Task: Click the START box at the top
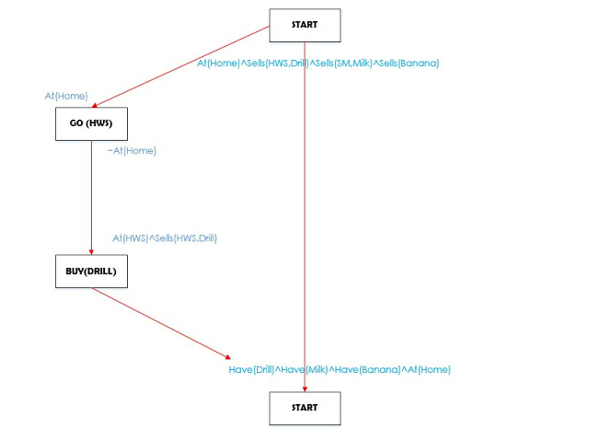(305, 25)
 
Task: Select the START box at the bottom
(305, 408)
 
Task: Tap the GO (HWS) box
(90, 123)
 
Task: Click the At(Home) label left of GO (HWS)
(66, 95)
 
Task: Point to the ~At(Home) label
(131, 151)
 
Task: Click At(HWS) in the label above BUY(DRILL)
(129, 238)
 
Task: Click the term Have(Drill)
(252, 370)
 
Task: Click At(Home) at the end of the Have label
(424, 370)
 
